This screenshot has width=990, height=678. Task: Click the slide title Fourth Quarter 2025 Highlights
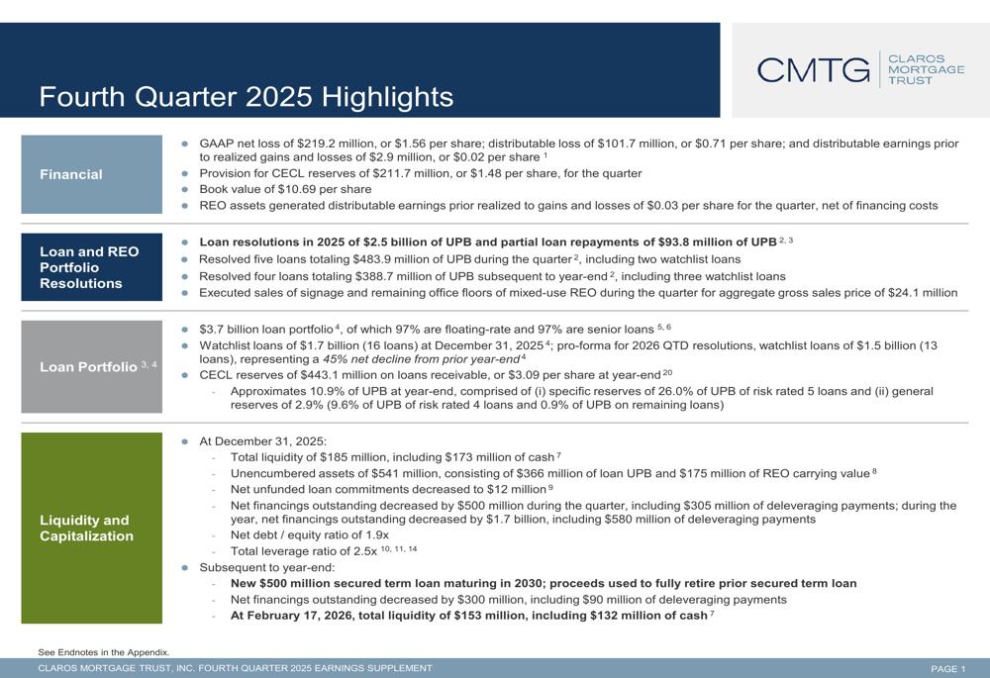click(x=246, y=97)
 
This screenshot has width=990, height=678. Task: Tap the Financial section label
click(x=71, y=174)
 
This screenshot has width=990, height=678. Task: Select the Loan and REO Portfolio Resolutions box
click(x=89, y=266)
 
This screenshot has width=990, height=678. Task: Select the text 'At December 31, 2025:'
click(x=262, y=440)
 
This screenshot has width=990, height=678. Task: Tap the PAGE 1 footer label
click(x=947, y=669)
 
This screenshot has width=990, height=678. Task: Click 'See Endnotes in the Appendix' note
click(x=103, y=651)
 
